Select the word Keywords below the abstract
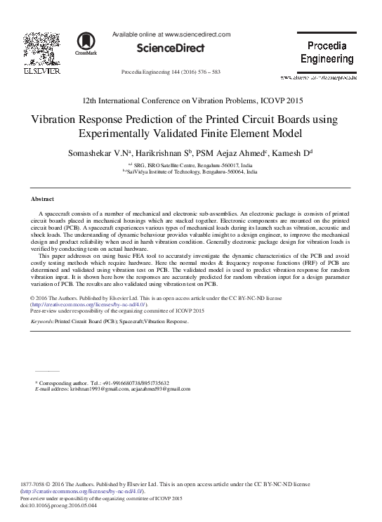[43, 321]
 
